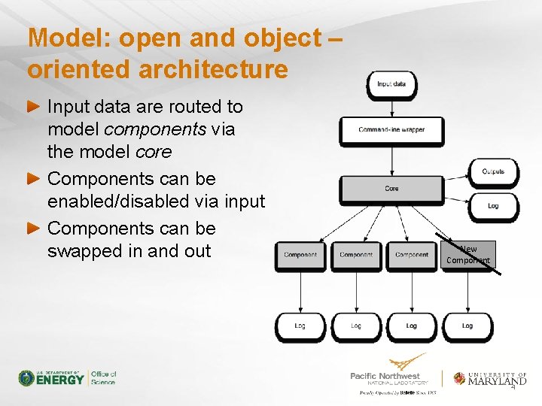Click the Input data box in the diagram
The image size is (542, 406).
[x=391, y=84]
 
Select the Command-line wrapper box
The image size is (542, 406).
[x=391, y=130]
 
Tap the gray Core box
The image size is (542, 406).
[x=391, y=189]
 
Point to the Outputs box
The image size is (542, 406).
[x=493, y=172]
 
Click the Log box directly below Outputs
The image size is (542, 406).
[x=493, y=205]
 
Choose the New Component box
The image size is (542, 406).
[x=468, y=255]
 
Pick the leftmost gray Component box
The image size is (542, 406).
[x=300, y=255]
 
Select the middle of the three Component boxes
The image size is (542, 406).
[x=356, y=255]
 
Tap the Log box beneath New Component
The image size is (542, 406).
[x=467, y=326]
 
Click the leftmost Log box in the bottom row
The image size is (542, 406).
[x=300, y=326]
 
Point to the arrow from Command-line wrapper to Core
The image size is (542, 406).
[x=391, y=159]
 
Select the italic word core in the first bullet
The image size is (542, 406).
[x=153, y=152]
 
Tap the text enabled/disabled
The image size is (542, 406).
[x=156, y=201]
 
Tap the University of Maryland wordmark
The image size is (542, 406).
[x=497, y=379]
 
